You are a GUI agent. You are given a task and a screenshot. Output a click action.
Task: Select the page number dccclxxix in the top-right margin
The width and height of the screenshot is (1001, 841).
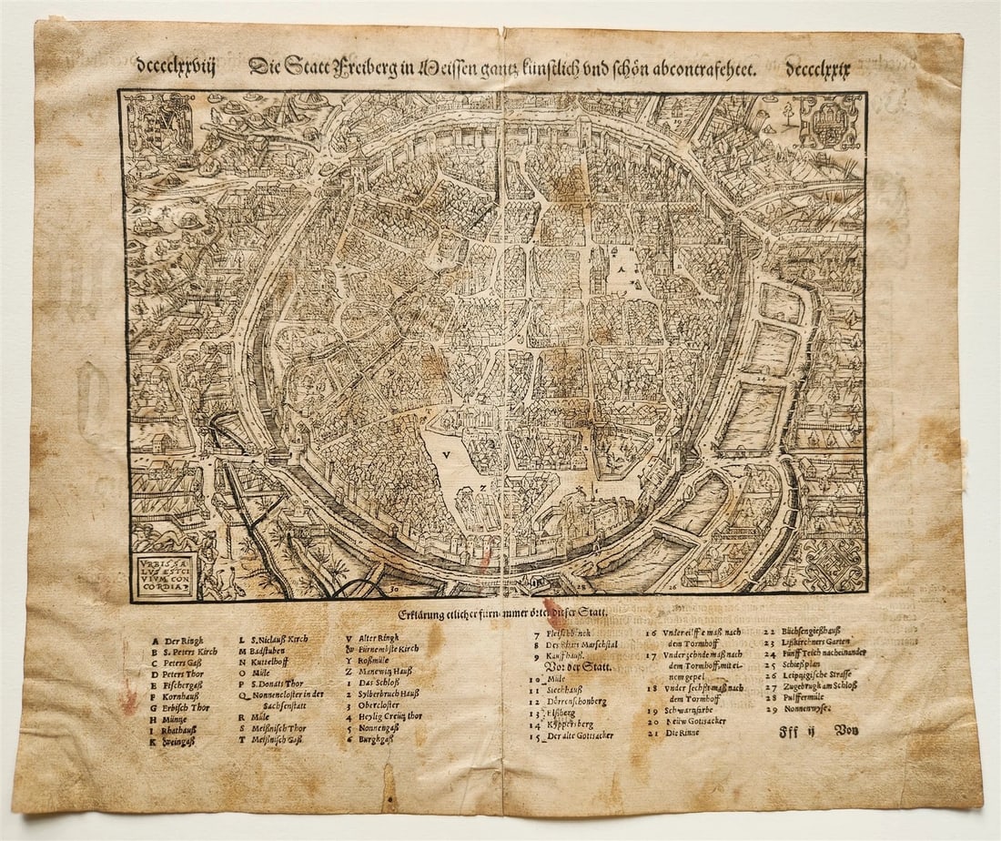[817, 71]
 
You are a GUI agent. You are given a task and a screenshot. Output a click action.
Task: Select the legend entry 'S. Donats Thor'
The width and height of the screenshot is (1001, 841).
[277, 683]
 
